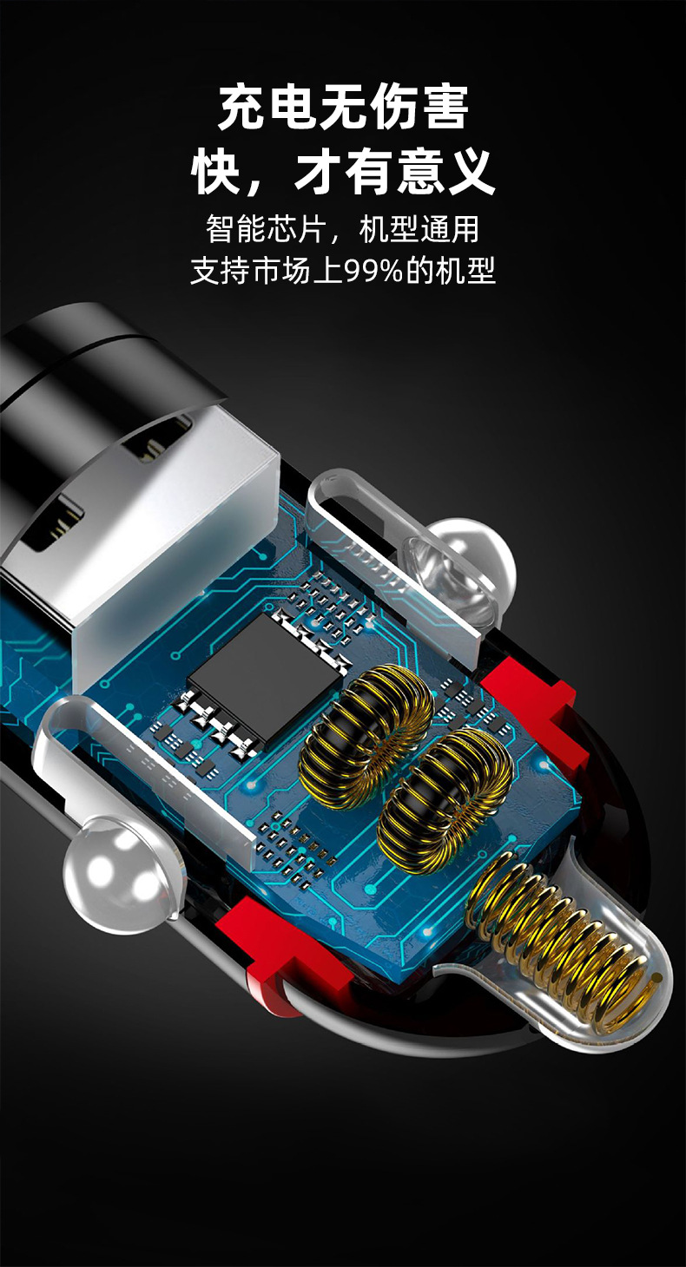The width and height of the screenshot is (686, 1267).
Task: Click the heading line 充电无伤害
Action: pos(343,108)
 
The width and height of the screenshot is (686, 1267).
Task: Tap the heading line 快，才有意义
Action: pos(343,170)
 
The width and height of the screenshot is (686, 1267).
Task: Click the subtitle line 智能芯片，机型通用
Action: pos(343,228)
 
